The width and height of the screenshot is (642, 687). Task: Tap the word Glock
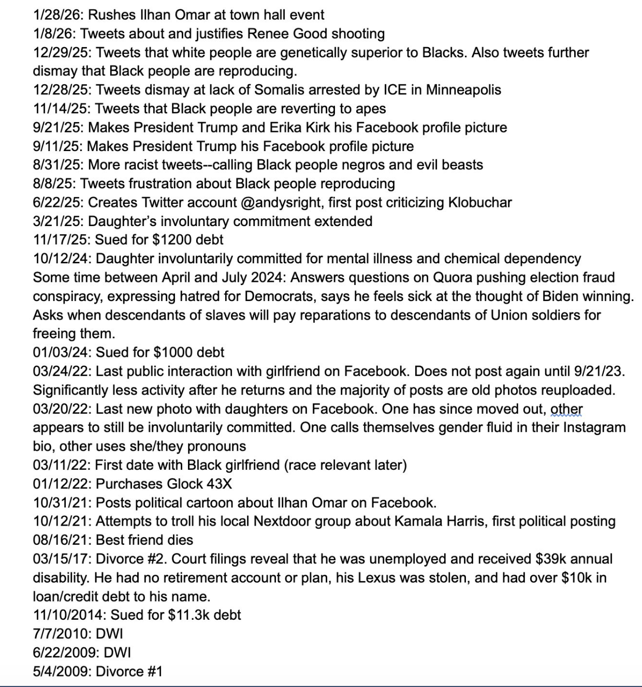(185, 484)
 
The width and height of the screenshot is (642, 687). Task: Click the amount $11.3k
(189, 615)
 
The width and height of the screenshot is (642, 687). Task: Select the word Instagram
(594, 427)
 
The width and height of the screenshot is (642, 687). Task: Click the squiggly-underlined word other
(566, 409)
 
